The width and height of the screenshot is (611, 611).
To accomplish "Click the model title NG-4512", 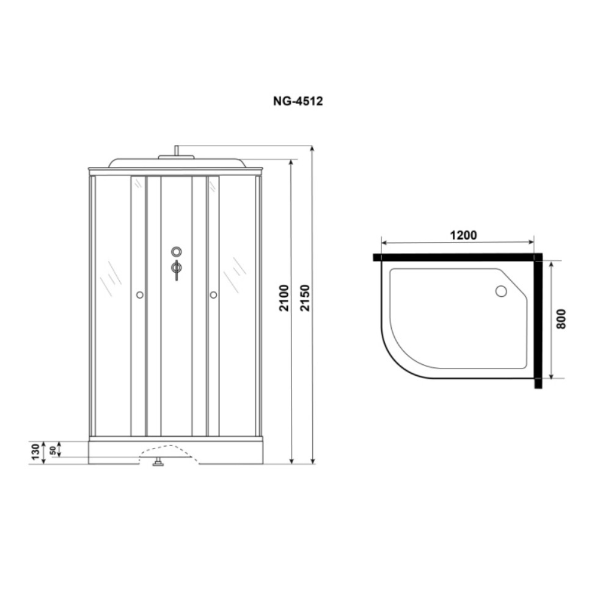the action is (x=298, y=101).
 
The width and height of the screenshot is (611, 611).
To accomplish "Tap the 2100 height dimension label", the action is (x=284, y=298).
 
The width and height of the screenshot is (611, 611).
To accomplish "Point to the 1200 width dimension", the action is (x=463, y=235).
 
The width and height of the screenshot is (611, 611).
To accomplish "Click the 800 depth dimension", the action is (x=561, y=319).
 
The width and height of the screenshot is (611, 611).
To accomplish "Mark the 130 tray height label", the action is (x=36, y=452).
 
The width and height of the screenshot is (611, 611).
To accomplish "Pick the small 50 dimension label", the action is (x=53, y=451).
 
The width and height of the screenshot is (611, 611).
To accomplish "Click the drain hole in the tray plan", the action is (x=501, y=291).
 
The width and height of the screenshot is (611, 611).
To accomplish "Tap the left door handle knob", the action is (x=140, y=295).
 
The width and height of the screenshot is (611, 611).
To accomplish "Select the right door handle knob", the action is (x=213, y=295).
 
